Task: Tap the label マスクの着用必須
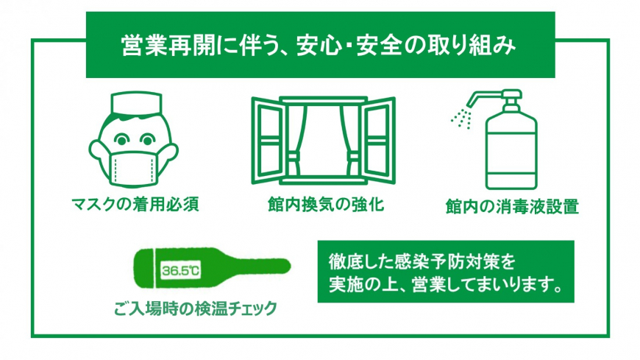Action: click(x=135, y=204)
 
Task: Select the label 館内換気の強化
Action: click(x=326, y=204)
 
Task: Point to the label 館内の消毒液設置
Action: click(x=512, y=206)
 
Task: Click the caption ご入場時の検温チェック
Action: click(x=196, y=308)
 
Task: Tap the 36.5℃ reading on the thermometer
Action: click(x=180, y=270)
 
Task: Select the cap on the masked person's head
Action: click(x=136, y=103)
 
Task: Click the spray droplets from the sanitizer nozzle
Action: click(x=462, y=118)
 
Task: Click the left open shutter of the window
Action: click(x=268, y=140)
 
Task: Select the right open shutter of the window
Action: click(x=379, y=140)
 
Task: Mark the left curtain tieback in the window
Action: click(x=292, y=157)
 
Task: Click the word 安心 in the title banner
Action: click(x=319, y=46)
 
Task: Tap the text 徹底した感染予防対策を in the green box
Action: click(x=422, y=262)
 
